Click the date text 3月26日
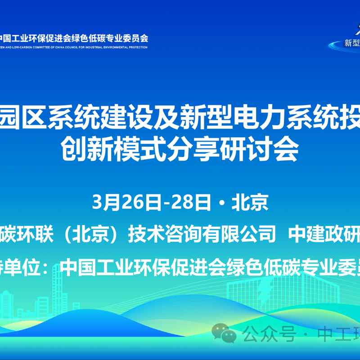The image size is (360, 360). point(126,203)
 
